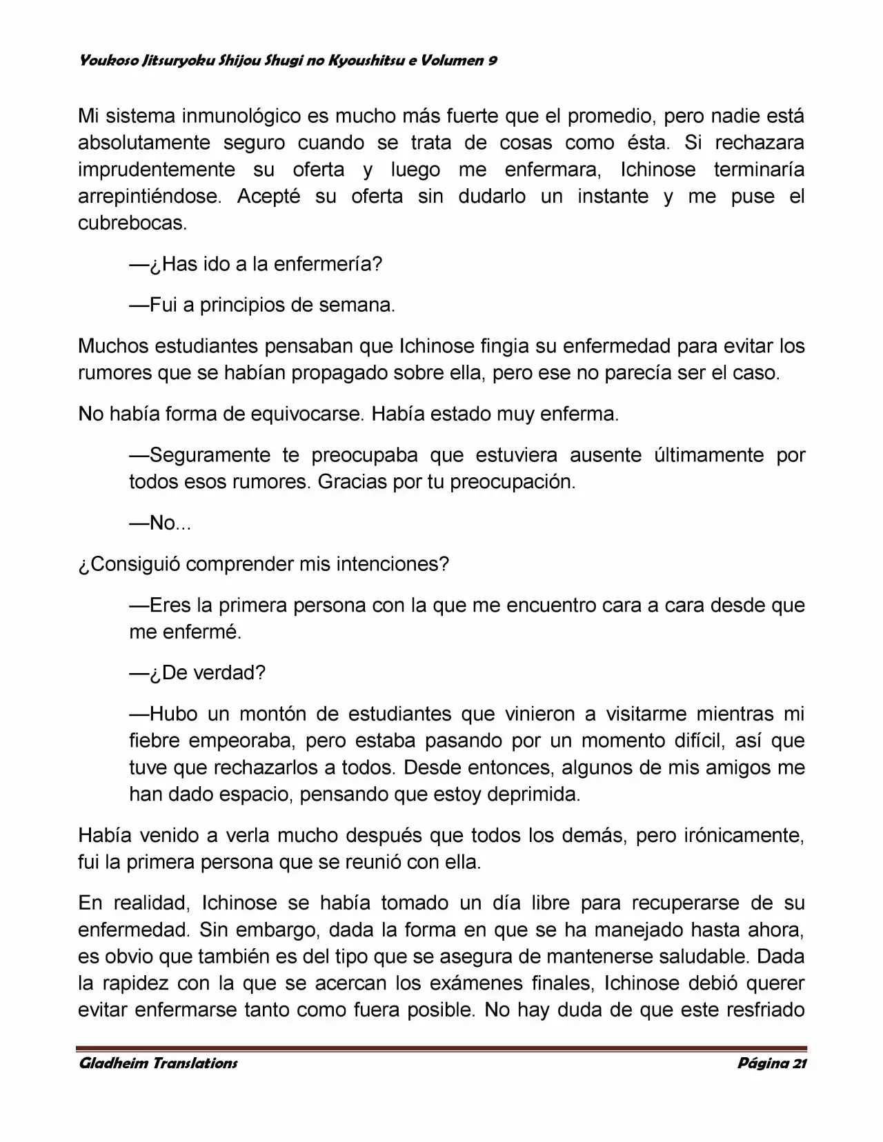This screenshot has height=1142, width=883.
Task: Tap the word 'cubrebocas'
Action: click(x=132, y=223)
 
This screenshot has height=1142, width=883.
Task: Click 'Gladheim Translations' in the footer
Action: click(x=158, y=1063)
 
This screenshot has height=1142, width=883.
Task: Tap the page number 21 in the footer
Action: click(x=800, y=1063)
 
